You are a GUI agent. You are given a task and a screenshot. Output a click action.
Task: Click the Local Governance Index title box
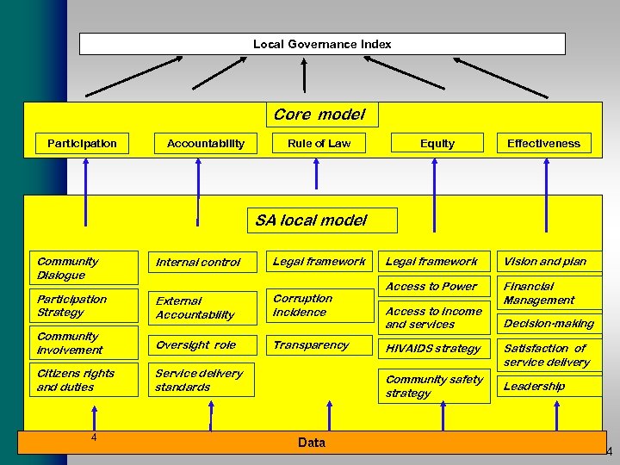point(322,44)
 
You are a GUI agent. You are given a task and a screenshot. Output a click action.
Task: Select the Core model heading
point(319,115)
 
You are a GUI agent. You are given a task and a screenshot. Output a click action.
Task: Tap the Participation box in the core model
point(82,143)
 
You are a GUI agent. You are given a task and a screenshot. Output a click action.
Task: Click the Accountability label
point(205,143)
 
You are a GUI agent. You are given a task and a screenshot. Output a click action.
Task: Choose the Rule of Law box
point(319,143)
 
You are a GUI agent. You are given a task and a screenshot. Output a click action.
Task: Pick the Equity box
point(437,143)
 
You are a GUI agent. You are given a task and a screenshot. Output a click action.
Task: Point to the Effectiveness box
point(543,143)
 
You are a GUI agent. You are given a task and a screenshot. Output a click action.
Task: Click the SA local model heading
point(321,220)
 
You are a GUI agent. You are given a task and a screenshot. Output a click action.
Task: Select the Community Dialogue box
point(84,268)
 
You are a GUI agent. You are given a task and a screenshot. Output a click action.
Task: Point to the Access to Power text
point(431,287)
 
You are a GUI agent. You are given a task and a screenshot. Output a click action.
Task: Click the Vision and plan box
point(549,262)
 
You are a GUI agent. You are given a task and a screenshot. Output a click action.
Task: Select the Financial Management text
point(539,293)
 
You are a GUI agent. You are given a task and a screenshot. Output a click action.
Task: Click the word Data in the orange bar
point(312,442)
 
